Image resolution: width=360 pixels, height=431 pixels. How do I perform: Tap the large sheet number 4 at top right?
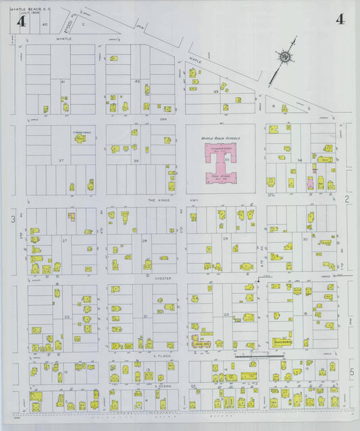click(x=339, y=19)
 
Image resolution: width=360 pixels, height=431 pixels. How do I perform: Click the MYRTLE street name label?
click(x=64, y=39)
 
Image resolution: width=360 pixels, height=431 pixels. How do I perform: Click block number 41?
click(x=62, y=82)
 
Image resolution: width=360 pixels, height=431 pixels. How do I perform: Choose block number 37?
click(x=61, y=160)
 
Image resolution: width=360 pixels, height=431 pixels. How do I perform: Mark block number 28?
click(x=144, y=240)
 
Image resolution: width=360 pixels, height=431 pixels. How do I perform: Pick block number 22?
click(x=67, y=316)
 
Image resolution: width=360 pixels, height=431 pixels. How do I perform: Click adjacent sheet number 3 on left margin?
click(x=12, y=220)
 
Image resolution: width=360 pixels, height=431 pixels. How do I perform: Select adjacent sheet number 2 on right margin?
click(x=346, y=198)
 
